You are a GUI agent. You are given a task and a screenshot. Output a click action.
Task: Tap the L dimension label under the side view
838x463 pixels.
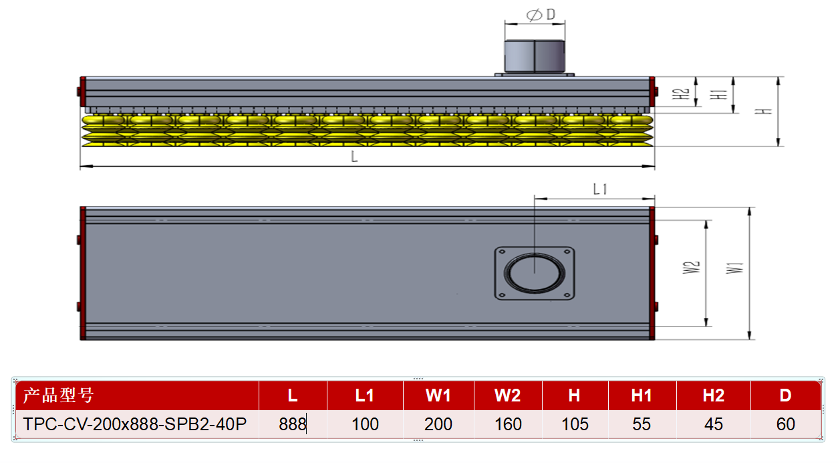354,156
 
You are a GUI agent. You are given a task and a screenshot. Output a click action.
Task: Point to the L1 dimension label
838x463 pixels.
600,189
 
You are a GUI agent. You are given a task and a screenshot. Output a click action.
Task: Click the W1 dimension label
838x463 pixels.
734,268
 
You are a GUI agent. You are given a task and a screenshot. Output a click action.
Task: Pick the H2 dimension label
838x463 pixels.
680,94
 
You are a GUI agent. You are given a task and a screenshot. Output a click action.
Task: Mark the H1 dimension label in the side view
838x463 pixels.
718,94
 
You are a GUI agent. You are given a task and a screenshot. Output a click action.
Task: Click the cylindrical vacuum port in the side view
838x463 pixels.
535,56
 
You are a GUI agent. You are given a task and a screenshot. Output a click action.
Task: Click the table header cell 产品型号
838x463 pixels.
58,395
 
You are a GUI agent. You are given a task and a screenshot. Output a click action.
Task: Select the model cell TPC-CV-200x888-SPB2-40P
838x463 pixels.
135,424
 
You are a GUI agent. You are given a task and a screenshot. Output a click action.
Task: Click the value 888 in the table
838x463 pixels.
293,424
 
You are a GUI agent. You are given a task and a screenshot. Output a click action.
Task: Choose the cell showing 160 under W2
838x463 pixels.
508,424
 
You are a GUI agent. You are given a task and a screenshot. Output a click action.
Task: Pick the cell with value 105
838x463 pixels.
575,424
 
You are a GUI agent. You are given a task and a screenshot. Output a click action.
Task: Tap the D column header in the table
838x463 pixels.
785,395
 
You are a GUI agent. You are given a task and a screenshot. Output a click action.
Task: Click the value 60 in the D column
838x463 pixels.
785,424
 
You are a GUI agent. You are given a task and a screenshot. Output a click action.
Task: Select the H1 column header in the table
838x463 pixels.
642,395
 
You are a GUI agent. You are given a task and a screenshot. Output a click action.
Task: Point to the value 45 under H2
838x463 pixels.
714,424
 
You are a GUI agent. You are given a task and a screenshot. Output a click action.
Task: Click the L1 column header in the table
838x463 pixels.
364,395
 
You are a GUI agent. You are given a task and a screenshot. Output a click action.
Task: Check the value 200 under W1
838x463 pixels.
438,424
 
